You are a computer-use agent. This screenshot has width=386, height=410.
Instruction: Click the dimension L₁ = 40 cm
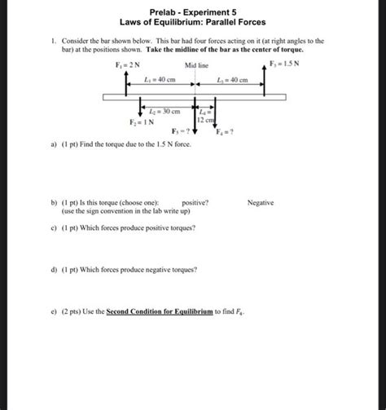click(160, 80)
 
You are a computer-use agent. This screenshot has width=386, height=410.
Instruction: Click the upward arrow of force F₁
click(125, 81)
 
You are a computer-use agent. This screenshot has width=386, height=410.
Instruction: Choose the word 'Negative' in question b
click(261, 201)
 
